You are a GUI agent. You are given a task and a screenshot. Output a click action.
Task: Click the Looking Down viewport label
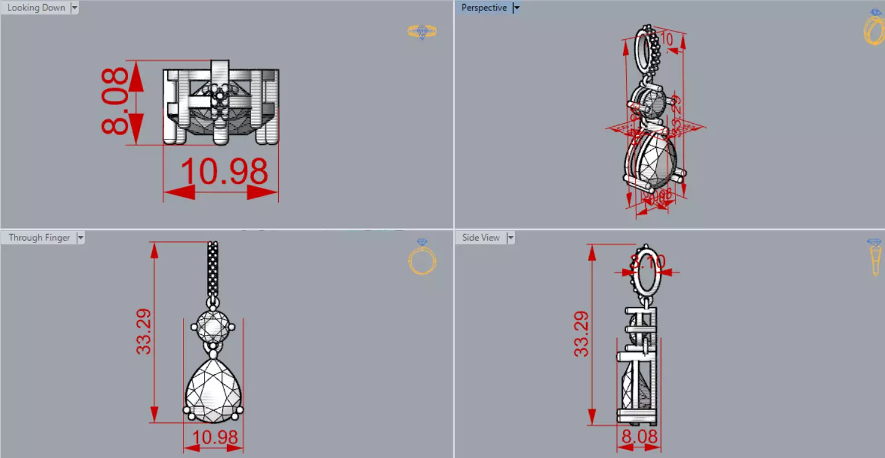point(36,8)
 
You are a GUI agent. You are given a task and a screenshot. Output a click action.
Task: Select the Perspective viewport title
point(484,8)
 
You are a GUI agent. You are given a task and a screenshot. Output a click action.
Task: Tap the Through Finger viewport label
point(39,238)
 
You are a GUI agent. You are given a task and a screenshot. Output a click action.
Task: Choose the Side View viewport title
point(481,238)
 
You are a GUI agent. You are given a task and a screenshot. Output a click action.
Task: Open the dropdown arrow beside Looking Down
point(74,8)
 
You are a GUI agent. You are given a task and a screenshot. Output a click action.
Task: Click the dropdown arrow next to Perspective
point(516,8)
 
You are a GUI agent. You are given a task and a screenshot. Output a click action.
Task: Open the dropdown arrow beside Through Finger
point(80,238)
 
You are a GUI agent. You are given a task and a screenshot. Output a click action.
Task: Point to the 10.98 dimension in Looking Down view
point(224,171)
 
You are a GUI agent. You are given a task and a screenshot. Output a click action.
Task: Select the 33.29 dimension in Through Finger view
point(144,331)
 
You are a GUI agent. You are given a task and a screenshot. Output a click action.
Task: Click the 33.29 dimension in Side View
point(581,334)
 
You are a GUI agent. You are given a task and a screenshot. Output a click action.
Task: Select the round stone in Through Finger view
point(213,326)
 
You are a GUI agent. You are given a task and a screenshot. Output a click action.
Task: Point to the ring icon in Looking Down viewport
point(422,31)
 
